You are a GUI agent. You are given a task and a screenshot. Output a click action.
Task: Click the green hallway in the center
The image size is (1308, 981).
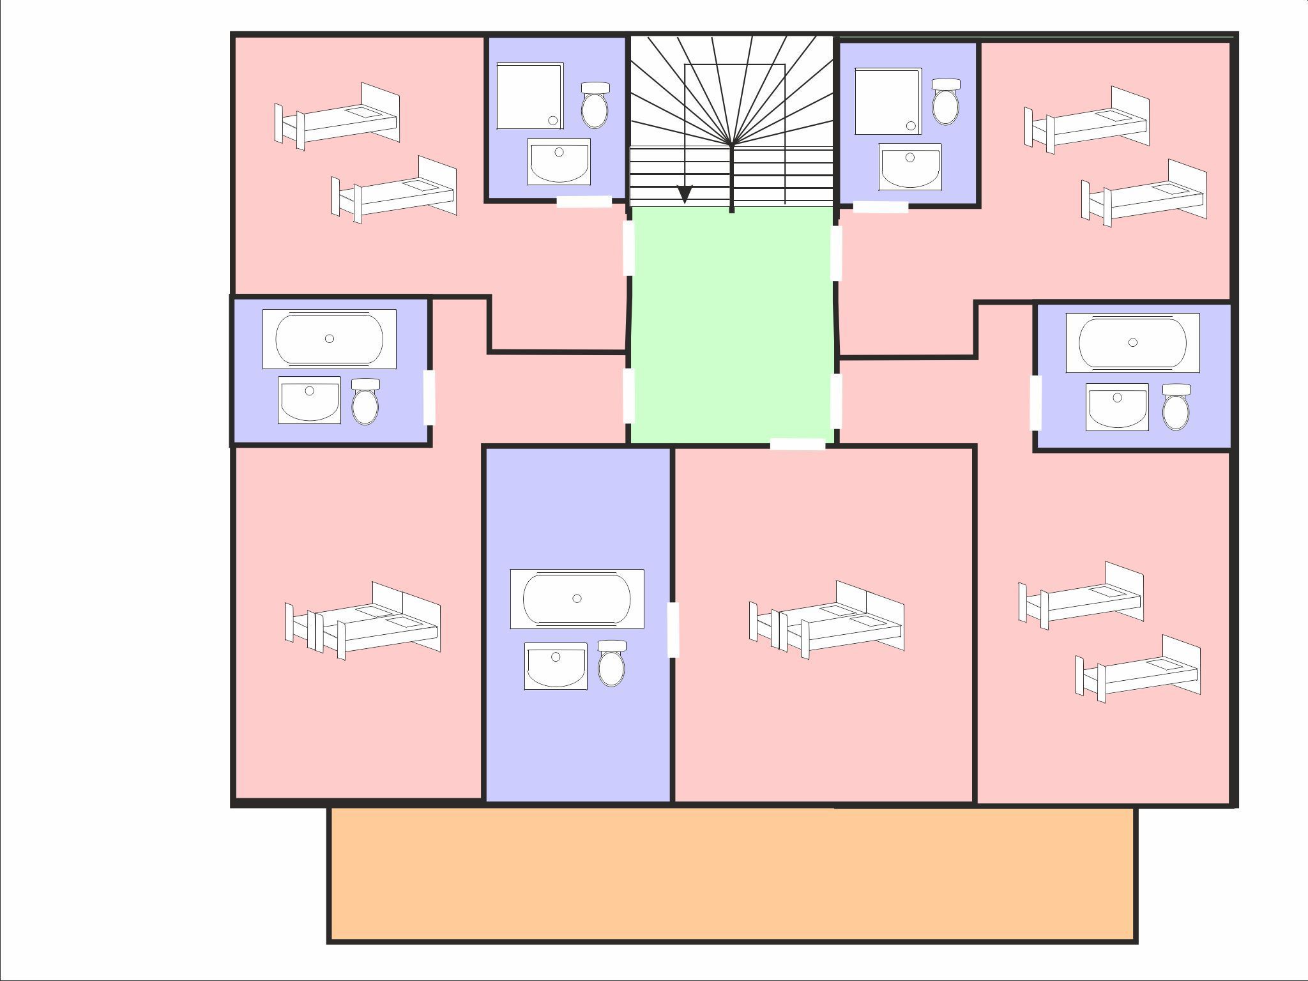[x=732, y=326]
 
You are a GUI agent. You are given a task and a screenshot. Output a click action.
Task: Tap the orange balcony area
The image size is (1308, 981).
[x=732, y=874]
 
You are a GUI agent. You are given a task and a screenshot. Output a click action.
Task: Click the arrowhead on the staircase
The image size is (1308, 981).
[x=685, y=194]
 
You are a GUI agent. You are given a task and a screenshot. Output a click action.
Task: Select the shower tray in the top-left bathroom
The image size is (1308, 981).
[x=529, y=96]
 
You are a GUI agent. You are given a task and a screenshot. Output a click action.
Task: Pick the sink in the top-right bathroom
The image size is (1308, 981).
[x=909, y=167]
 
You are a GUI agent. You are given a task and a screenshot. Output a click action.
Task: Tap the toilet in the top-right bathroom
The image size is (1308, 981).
[x=946, y=102]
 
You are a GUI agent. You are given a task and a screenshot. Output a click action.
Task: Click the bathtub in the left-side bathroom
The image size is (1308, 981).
[x=330, y=339]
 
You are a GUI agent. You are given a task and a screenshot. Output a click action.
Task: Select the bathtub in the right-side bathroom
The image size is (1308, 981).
[x=1132, y=343]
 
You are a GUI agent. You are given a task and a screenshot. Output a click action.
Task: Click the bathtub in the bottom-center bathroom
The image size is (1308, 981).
[x=577, y=599]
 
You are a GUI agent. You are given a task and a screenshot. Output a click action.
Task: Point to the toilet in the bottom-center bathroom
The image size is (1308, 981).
[x=611, y=664]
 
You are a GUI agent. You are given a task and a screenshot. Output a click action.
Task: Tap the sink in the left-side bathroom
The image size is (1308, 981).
[x=309, y=400]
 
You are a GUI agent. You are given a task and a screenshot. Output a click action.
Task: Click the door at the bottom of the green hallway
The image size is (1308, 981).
[x=797, y=445]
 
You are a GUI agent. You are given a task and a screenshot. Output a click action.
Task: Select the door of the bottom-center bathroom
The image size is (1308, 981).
[x=673, y=629]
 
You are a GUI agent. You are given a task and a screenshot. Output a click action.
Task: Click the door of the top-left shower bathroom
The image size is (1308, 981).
[x=584, y=202]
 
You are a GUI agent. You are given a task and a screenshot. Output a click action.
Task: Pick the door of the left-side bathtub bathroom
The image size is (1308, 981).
[x=429, y=397]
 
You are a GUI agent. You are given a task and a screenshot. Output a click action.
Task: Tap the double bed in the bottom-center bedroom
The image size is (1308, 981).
[x=826, y=620]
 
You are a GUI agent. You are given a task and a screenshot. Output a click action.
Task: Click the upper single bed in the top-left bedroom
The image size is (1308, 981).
[x=337, y=117]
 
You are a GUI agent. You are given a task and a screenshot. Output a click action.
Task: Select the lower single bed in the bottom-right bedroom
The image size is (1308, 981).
[x=1137, y=669]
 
